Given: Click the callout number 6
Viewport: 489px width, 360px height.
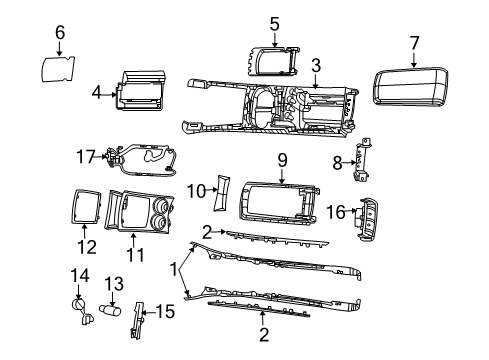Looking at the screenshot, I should click(59, 33).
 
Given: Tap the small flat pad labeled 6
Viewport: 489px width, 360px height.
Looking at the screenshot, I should click(59, 72).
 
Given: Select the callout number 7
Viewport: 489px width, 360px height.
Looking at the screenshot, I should click(414, 42).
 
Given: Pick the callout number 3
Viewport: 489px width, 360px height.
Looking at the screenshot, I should click(315, 66).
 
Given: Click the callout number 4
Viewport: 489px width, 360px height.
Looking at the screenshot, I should click(97, 94).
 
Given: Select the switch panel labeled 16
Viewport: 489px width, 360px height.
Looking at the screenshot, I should click(368, 219).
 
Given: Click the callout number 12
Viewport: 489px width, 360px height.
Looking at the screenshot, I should click(88, 246).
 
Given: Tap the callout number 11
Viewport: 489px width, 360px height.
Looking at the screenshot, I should click(135, 255).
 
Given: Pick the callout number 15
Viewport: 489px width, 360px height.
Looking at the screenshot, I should click(166, 312).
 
